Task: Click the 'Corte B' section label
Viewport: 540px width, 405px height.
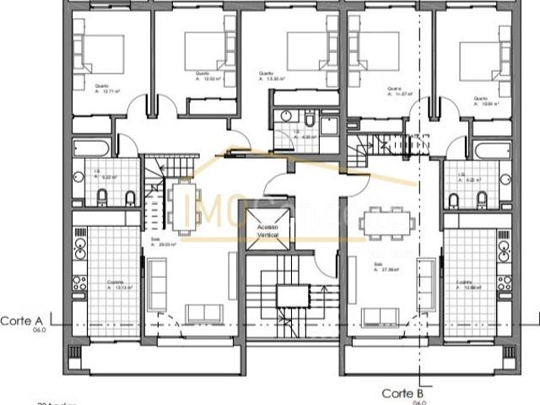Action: [402, 393]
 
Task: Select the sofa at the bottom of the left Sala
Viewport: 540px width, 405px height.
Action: [202, 313]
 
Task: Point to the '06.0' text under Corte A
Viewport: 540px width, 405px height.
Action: [39, 332]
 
